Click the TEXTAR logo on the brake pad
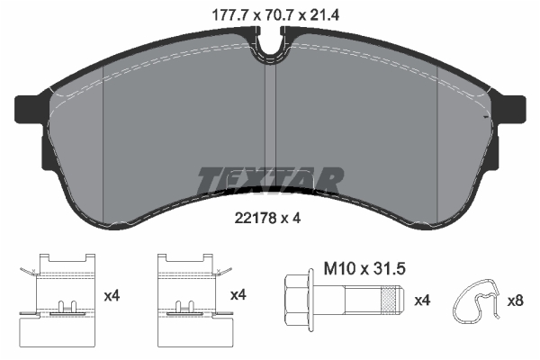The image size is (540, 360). (269, 180)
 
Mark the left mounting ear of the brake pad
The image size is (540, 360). (31, 109)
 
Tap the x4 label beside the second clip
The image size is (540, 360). (238, 294)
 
